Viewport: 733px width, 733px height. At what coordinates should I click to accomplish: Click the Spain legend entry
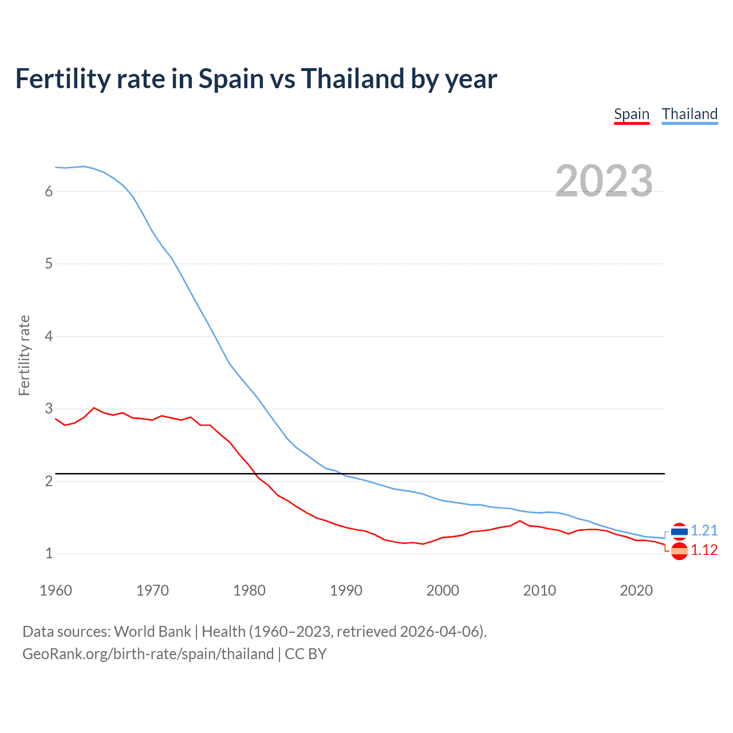click(x=631, y=114)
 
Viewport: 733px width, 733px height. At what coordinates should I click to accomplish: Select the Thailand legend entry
click(x=689, y=114)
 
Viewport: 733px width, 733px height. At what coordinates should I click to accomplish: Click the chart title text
click(x=256, y=78)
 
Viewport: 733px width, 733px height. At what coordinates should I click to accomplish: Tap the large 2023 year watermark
click(x=604, y=181)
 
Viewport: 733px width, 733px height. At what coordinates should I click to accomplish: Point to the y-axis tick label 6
click(x=49, y=191)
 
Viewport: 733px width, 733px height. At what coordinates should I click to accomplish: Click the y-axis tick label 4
click(x=49, y=336)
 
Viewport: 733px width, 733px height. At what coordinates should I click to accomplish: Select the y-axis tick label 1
click(x=49, y=554)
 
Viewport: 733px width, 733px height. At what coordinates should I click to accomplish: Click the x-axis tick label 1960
click(x=56, y=590)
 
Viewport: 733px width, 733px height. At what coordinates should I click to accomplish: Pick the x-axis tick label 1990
click(x=346, y=590)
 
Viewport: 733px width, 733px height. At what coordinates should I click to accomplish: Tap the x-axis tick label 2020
click(x=636, y=590)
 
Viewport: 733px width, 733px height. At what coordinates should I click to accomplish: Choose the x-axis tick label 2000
click(x=443, y=590)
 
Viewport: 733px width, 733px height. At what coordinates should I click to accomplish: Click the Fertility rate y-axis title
click(x=24, y=355)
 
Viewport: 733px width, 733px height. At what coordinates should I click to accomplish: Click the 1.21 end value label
click(x=704, y=531)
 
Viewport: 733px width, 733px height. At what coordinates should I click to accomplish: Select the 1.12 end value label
click(x=704, y=550)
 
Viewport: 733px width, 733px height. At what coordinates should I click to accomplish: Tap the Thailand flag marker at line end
click(x=679, y=531)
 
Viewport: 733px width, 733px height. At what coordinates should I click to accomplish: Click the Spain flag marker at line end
click(x=679, y=551)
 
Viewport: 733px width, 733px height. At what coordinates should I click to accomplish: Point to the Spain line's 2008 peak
click(x=520, y=521)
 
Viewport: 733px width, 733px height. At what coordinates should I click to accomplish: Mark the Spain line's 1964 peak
click(x=94, y=408)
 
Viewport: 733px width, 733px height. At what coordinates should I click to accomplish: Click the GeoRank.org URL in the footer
click(x=148, y=654)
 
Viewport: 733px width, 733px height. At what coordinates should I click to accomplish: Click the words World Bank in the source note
click(x=152, y=632)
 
